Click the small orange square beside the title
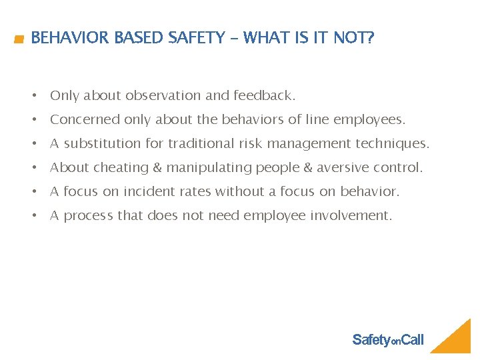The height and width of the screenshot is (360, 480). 20,40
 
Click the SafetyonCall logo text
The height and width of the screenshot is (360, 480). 387,340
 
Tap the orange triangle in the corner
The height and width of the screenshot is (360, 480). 457,340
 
